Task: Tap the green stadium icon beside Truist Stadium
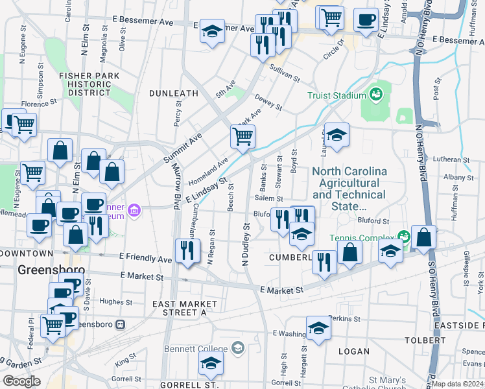pyautogui.click(x=375, y=95)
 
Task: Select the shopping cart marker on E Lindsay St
pyautogui.click(x=242, y=137)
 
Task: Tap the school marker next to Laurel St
pyautogui.click(x=337, y=136)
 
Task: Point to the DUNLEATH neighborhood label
pyautogui.click(x=173, y=93)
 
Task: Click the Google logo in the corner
pyautogui.click(x=21, y=381)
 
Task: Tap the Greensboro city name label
pyautogui.click(x=51, y=269)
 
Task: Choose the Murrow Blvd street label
pyautogui.click(x=176, y=197)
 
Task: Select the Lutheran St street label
pyautogui.click(x=453, y=159)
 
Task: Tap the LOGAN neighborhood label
pyautogui.click(x=354, y=351)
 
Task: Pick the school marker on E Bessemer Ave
pyautogui.click(x=211, y=32)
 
